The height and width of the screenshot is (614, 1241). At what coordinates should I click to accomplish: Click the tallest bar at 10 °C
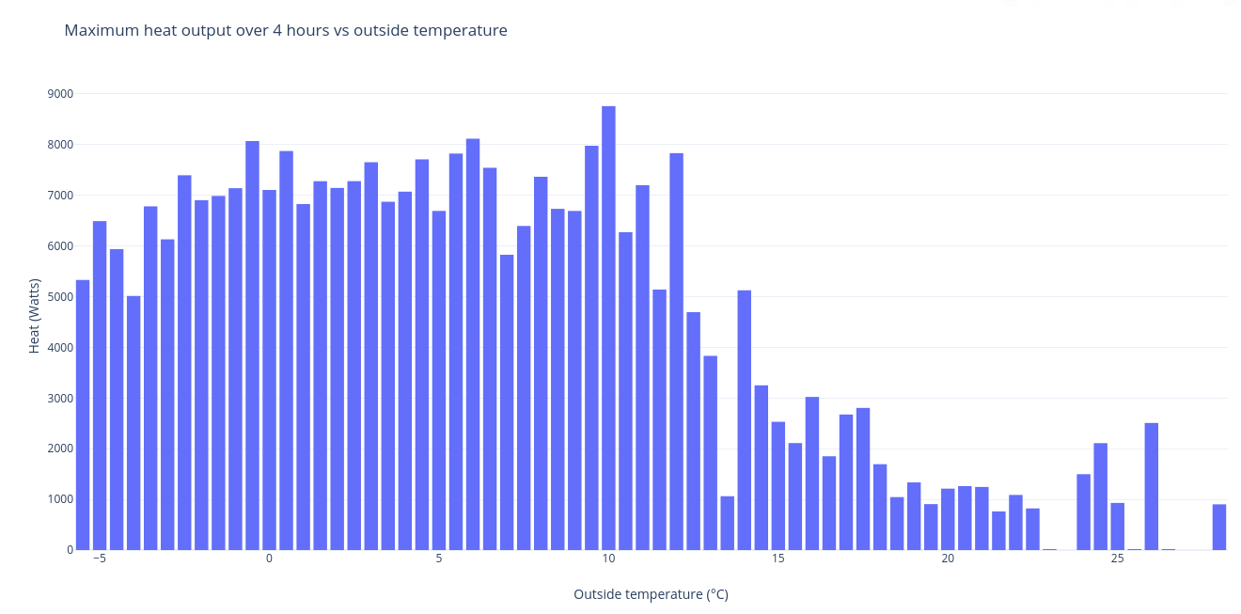point(608,329)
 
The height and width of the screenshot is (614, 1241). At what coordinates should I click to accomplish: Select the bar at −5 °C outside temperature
point(100,386)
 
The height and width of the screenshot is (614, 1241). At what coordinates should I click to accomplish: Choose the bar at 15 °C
point(778,485)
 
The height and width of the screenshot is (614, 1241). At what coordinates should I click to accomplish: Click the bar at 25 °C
point(1117,527)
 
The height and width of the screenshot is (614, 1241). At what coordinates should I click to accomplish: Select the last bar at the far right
point(1219,527)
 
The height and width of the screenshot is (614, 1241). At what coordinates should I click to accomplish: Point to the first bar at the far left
point(83,415)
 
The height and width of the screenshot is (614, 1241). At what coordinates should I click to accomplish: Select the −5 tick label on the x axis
point(99,559)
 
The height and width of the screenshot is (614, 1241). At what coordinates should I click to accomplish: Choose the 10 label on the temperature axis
point(608,559)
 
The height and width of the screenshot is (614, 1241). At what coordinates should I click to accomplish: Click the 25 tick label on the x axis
point(1117,559)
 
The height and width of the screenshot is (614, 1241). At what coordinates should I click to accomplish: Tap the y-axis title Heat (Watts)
point(35,316)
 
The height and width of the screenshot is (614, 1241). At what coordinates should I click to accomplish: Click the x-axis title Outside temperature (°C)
point(651,594)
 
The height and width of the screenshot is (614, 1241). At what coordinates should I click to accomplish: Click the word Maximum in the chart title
point(99,30)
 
